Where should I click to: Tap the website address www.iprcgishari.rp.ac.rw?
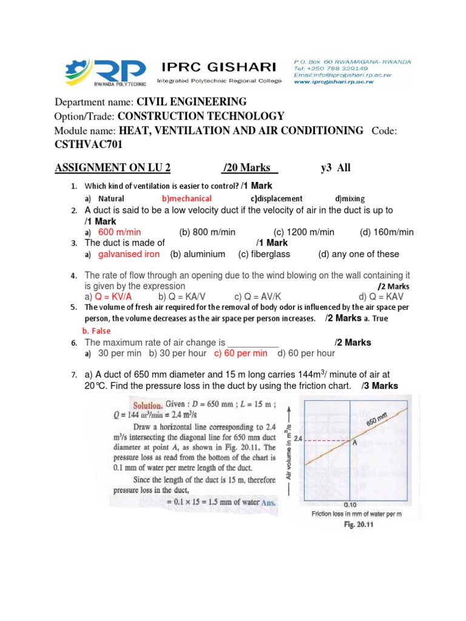pyautogui.click(x=333, y=81)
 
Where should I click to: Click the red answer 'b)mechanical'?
pyautogui.click(x=187, y=198)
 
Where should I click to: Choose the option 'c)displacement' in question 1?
pyautogui.click(x=276, y=198)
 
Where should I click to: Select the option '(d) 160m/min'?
pyautogui.click(x=387, y=232)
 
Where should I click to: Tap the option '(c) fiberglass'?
pyautogui.click(x=264, y=254)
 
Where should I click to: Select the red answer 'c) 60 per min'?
pyautogui.click(x=241, y=353)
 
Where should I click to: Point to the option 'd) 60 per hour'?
pyautogui.click(x=306, y=353)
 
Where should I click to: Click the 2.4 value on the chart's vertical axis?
pyautogui.click(x=298, y=438)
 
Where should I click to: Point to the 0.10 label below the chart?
pyautogui.click(x=349, y=505)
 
